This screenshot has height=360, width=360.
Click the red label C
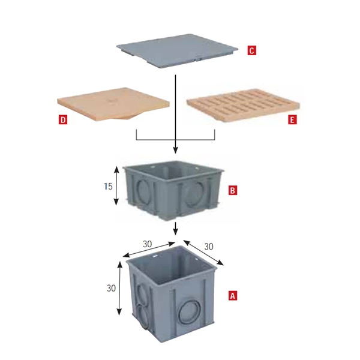251,50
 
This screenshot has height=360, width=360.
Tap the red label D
63,120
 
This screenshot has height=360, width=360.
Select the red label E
292,120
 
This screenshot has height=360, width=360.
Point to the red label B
233,191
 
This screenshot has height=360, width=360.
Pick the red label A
233,295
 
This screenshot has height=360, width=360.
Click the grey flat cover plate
177,50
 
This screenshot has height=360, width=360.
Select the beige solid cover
113,103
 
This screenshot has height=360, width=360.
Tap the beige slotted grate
243,105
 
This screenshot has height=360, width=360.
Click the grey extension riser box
173,190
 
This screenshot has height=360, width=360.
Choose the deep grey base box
171,294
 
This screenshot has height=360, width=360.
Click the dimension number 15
108,186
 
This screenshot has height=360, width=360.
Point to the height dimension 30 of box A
111,288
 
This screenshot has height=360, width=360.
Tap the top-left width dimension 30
147,244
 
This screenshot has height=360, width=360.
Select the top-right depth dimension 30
209,247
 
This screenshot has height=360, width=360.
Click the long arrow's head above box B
175,151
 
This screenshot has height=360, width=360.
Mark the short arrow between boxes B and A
175,229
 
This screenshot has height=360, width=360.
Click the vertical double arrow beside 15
116,185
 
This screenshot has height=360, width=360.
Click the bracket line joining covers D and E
175,140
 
